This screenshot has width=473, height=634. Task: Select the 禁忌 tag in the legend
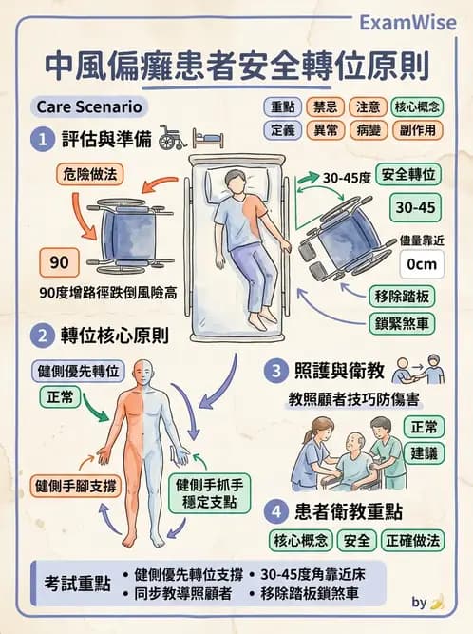click(x=326, y=106)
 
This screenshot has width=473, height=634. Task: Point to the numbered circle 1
click(x=41, y=140)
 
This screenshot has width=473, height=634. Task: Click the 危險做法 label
click(x=90, y=175)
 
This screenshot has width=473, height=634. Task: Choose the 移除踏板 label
click(x=405, y=296)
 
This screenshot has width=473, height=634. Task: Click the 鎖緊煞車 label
click(x=405, y=324)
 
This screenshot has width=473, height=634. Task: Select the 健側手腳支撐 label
click(x=74, y=485)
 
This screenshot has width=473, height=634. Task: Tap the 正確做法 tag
click(x=413, y=541)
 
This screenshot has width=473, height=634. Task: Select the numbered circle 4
click(x=274, y=510)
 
